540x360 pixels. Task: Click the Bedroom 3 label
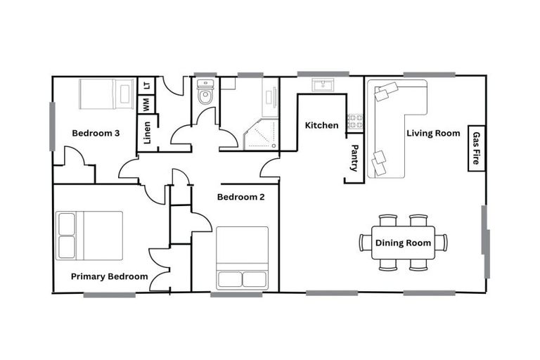[x=96, y=133]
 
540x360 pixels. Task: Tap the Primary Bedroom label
[x=109, y=276]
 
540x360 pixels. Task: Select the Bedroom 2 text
[x=240, y=197]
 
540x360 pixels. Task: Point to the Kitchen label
[x=321, y=125]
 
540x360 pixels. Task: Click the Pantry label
[x=354, y=158]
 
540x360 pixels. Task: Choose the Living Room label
[x=433, y=133]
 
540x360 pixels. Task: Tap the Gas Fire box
[x=476, y=148]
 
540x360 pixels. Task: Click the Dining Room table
[x=403, y=243]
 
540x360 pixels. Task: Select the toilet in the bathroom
[x=205, y=94]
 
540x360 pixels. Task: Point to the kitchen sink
[x=323, y=86]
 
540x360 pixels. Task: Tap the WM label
[x=146, y=104]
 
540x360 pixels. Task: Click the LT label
[x=146, y=85]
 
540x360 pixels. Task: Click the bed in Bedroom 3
[x=105, y=94]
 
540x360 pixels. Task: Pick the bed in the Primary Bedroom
[x=89, y=236]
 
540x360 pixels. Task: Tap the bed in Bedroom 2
[x=242, y=257]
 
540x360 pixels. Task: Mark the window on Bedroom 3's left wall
[x=52, y=127]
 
